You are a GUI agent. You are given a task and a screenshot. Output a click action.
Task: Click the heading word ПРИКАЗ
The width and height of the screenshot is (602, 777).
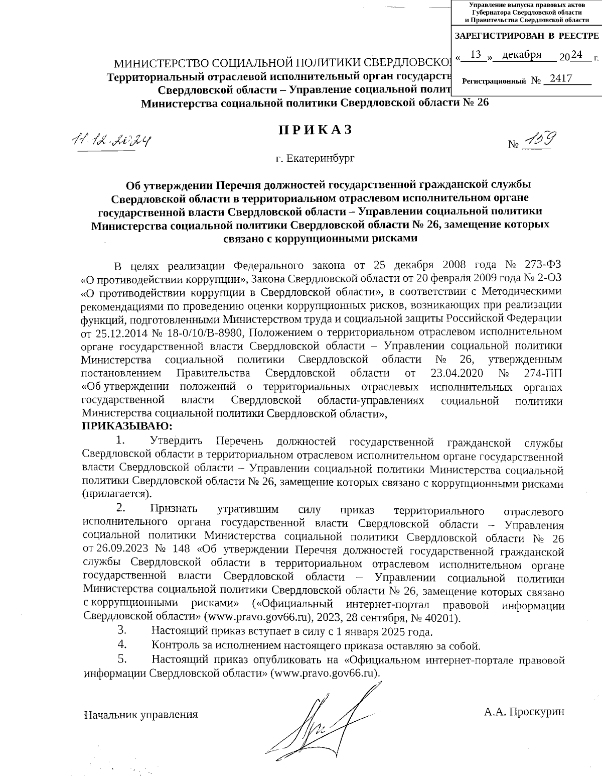click(316, 130)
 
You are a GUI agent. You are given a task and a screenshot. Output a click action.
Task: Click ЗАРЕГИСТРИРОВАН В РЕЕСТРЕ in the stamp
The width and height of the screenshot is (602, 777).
click(526, 36)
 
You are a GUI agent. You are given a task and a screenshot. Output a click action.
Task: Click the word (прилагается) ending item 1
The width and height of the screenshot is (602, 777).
click(113, 494)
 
